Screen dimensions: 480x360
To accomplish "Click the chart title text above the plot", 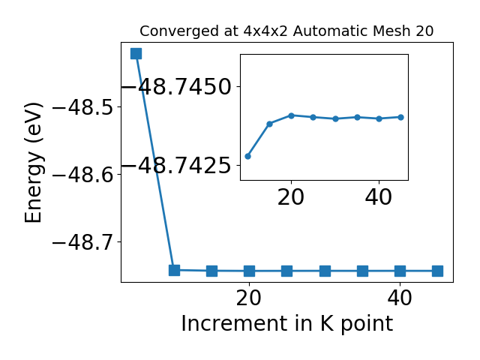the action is [286, 31].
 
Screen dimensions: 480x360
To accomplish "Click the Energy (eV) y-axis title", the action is [33, 163].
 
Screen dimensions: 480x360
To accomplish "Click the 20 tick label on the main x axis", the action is [249, 298].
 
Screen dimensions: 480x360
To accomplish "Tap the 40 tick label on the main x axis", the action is [400, 298].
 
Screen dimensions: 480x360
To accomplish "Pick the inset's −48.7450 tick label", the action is [176, 87].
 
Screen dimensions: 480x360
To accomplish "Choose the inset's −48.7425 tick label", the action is [176, 166].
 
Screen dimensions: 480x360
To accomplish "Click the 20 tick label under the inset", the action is [291, 197].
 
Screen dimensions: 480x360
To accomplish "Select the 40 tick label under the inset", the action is [378, 197].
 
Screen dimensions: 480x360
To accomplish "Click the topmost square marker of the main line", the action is [136, 53].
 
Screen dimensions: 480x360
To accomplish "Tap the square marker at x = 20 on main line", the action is [250, 271].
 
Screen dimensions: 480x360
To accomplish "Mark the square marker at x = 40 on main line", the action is [400, 271].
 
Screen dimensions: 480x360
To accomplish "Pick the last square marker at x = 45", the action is [437, 271].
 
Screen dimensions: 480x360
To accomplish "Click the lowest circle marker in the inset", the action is [248, 157].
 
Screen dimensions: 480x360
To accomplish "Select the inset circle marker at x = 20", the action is [292, 115].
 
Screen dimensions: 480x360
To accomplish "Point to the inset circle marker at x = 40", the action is [379, 118].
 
